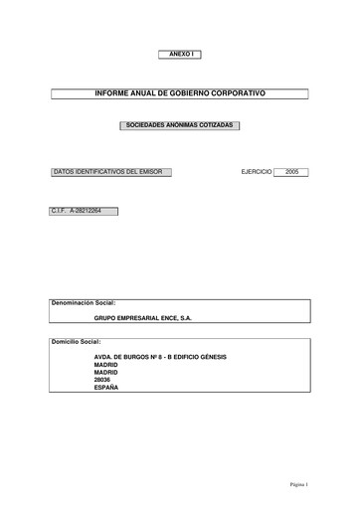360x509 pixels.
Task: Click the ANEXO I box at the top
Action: [x=179, y=52]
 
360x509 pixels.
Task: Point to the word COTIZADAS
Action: [x=216, y=126]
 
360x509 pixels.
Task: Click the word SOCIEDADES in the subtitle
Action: [x=143, y=126]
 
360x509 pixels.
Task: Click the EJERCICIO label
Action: [x=257, y=172]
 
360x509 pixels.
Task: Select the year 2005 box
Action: [x=290, y=172]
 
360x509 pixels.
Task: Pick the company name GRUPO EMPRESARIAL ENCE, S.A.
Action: [x=142, y=320]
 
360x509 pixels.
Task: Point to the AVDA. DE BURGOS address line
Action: [x=160, y=356]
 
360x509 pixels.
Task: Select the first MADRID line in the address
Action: [x=105, y=364]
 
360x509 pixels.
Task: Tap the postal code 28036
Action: [x=102, y=380]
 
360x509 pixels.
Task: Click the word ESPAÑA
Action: [x=105, y=388]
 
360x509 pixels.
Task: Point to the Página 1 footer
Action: [x=299, y=484]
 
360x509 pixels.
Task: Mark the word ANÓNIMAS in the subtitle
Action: [x=180, y=126]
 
